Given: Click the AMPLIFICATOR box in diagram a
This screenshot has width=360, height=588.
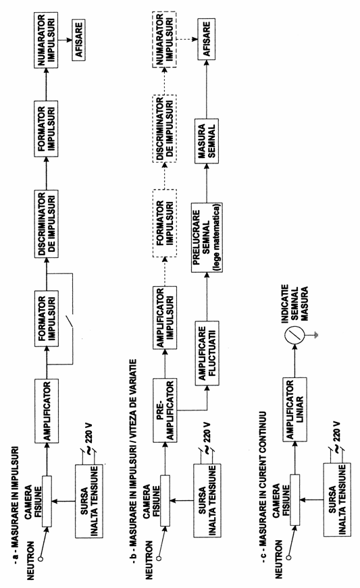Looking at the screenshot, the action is (x=47, y=411).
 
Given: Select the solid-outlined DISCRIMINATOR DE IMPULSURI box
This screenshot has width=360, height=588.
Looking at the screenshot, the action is (x=47, y=224).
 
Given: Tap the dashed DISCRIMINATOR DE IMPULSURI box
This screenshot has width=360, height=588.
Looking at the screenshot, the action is (x=164, y=129).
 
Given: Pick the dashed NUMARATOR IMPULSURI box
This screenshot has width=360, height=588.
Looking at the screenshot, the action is (x=164, y=39).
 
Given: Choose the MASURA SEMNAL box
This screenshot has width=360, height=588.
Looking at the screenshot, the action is (x=206, y=141).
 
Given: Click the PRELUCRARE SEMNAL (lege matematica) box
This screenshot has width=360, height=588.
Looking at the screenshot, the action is (x=207, y=238).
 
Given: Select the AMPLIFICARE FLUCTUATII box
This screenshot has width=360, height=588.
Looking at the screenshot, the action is (x=207, y=353).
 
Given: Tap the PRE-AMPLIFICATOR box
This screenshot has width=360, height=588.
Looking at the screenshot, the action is (x=165, y=410).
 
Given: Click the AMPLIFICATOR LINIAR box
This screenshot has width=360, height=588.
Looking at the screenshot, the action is (x=294, y=409).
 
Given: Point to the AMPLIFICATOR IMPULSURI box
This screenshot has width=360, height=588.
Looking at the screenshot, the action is (x=165, y=317).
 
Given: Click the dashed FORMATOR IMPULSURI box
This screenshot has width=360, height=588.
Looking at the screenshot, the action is (x=165, y=223).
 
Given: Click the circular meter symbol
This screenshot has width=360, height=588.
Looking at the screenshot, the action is (x=294, y=334).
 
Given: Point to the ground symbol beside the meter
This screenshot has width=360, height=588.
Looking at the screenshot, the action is (x=316, y=335).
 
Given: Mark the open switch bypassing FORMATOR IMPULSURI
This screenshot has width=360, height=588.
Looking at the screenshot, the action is (x=70, y=322).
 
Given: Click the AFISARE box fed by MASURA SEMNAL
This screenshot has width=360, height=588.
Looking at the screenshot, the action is (x=206, y=39).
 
